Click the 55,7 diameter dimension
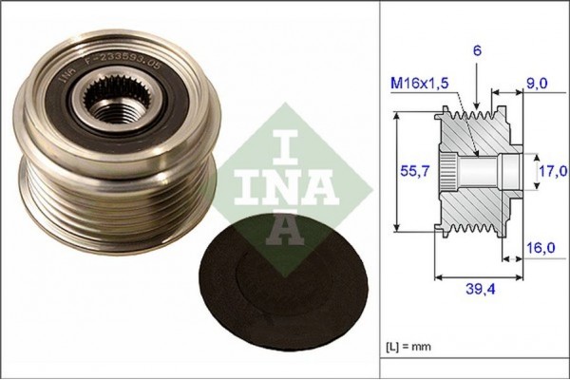[x=408, y=172]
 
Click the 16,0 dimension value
[x=541, y=248]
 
